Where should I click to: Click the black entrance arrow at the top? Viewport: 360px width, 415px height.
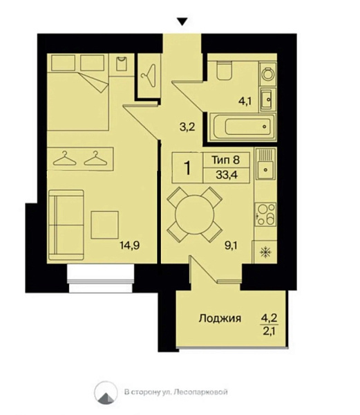click(182, 21)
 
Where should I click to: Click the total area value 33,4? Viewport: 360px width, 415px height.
click(224, 174)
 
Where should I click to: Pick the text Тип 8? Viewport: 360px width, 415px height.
click(224, 159)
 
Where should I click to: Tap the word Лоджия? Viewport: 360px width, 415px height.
click(220, 319)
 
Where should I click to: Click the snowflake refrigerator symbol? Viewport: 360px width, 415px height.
click(264, 252)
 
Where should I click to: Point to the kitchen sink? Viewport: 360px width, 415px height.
click(263, 166)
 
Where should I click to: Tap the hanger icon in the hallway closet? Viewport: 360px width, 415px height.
click(148, 71)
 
